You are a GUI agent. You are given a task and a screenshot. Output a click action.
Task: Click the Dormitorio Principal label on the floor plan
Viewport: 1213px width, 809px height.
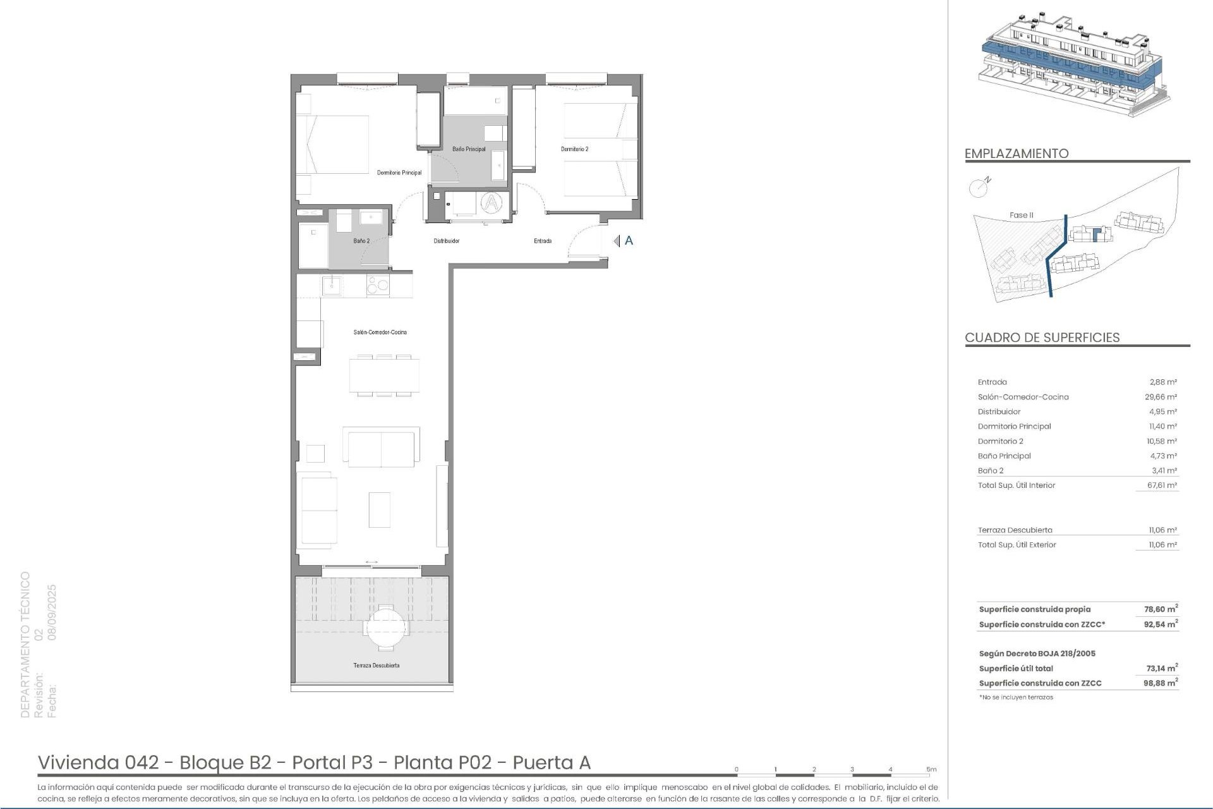click(399, 173)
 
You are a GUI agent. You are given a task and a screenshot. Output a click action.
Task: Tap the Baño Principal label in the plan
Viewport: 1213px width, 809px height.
click(469, 149)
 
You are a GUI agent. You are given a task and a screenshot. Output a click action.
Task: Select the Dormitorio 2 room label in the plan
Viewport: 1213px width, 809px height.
click(574, 149)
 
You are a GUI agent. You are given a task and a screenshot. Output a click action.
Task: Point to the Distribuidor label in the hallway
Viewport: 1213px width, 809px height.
click(446, 241)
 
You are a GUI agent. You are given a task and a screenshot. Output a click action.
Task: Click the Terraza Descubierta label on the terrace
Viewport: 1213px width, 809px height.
click(376, 665)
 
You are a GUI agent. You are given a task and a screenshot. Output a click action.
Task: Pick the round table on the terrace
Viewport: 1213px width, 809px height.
click(385, 627)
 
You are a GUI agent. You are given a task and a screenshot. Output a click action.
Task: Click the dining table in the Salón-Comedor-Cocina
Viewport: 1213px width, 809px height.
click(384, 376)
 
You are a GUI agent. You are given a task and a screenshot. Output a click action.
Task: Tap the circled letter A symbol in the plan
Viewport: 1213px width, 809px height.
click(491, 203)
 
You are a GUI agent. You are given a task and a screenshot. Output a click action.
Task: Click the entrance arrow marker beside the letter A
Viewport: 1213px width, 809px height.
click(617, 241)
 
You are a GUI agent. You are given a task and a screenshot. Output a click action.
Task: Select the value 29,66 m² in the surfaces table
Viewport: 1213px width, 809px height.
click(1162, 397)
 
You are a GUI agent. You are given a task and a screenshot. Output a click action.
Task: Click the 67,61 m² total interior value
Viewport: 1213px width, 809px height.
click(1162, 485)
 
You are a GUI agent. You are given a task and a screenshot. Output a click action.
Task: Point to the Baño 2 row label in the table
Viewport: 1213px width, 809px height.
click(991, 471)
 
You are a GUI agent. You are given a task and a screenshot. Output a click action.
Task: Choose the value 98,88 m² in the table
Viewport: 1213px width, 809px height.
click(1161, 683)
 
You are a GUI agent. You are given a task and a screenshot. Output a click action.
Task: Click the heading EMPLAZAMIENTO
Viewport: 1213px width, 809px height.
click(1017, 154)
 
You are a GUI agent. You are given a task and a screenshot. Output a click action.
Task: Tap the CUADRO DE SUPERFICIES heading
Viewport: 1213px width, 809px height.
click(1042, 338)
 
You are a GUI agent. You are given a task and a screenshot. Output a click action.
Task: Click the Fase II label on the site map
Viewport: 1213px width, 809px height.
click(1021, 215)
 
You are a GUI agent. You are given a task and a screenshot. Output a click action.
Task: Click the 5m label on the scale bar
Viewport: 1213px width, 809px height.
click(931, 769)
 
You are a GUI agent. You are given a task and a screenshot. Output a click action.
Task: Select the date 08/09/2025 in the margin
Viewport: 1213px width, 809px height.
click(52, 612)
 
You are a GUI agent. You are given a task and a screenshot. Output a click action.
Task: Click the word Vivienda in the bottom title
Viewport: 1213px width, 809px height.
click(79, 762)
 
